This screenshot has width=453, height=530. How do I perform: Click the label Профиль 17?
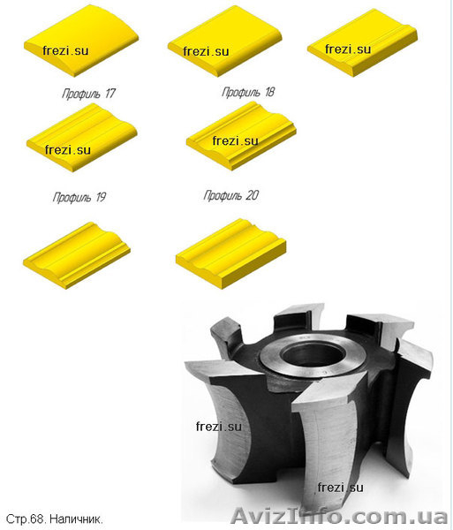89,94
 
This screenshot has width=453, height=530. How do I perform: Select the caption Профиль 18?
248,92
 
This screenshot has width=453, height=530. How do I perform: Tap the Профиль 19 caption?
79,197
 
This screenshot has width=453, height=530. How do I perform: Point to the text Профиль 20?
231,195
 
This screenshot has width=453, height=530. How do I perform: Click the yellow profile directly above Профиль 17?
81,41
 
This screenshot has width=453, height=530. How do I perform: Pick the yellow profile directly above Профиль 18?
224,41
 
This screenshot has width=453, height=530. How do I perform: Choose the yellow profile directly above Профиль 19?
82,138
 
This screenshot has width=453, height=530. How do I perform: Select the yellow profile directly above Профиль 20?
241,136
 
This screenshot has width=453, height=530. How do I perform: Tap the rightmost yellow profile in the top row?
362,42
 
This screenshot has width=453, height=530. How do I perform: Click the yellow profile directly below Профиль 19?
77,255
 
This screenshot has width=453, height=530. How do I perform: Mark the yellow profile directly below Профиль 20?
231,254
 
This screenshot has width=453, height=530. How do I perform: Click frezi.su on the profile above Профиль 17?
65,50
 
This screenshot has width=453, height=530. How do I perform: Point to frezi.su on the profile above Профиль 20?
236,140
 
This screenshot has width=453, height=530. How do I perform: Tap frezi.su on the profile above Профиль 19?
68,150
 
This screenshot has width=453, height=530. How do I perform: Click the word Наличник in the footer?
76,519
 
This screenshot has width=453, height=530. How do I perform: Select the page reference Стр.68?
26,519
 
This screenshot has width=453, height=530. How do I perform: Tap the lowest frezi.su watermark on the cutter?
341,488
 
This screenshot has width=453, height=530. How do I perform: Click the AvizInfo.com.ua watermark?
339,516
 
